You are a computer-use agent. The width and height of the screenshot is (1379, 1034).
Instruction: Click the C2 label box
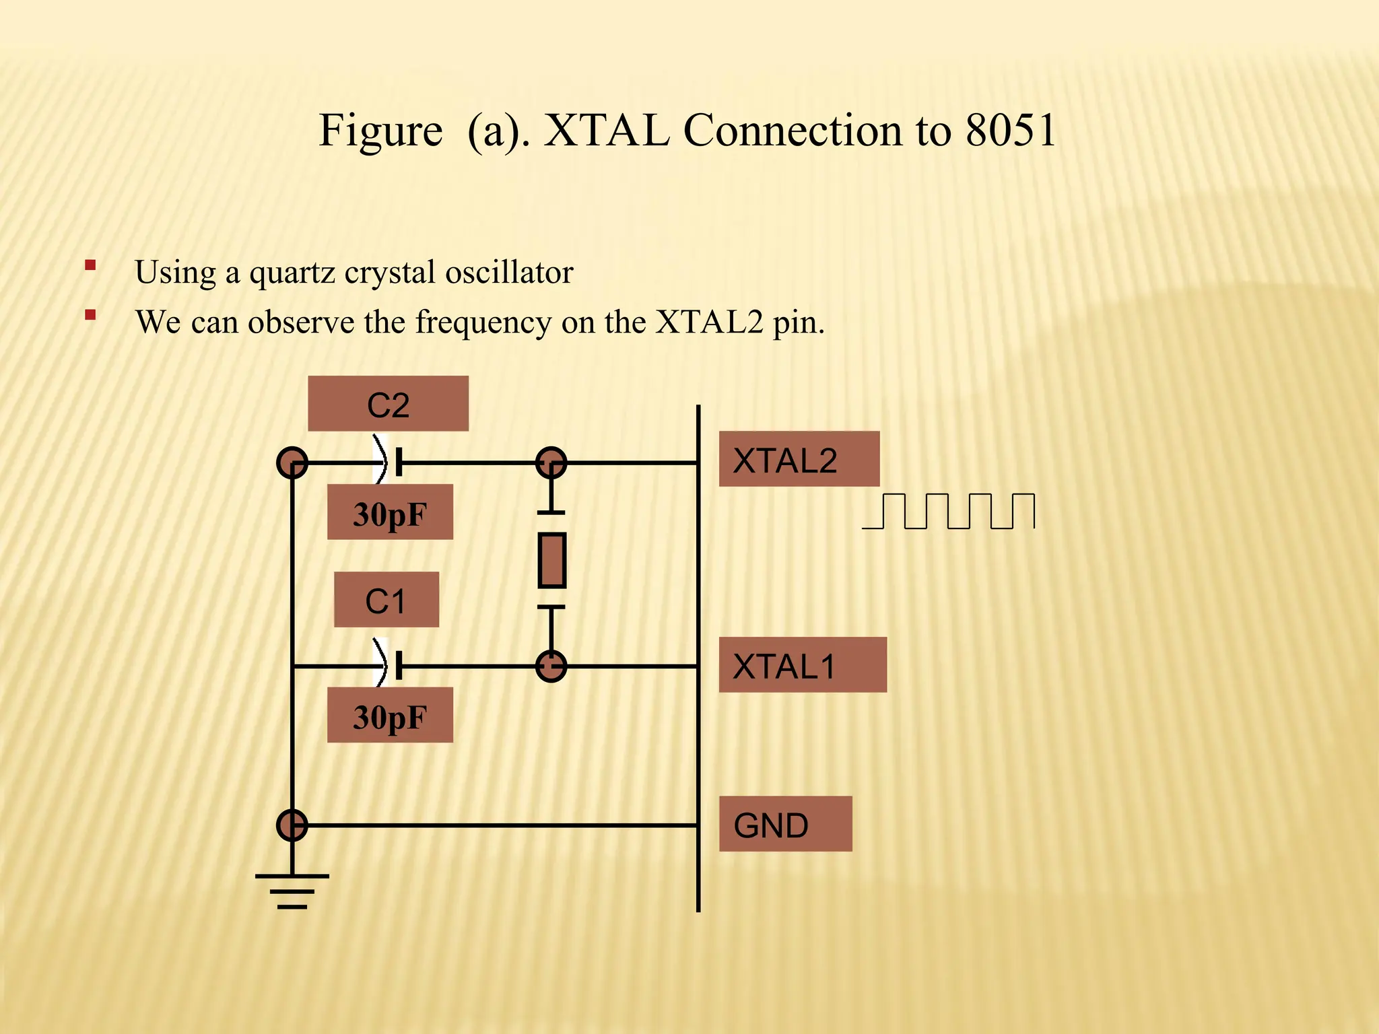click(x=388, y=404)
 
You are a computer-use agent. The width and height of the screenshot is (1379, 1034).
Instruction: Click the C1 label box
click(x=386, y=600)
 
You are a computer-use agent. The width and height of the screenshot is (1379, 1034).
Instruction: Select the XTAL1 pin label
click(x=802, y=665)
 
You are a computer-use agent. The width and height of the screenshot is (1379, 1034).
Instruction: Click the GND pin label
click(x=785, y=824)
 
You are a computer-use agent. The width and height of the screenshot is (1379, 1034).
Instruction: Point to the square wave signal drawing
click(x=949, y=512)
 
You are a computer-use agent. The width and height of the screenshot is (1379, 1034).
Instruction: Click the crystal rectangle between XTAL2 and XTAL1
click(x=551, y=560)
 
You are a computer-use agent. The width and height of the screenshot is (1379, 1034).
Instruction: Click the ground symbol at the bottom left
click(x=292, y=891)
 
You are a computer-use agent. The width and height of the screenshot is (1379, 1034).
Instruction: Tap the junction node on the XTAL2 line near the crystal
click(x=551, y=463)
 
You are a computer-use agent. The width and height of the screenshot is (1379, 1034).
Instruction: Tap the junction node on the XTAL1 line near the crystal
click(x=551, y=666)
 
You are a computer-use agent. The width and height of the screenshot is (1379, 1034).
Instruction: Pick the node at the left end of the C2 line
click(x=292, y=463)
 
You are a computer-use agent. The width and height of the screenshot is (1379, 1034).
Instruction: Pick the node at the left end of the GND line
click(x=292, y=825)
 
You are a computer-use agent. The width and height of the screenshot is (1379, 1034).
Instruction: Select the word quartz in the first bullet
click(x=293, y=273)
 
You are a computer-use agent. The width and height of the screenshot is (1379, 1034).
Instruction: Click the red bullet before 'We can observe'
click(x=90, y=314)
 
